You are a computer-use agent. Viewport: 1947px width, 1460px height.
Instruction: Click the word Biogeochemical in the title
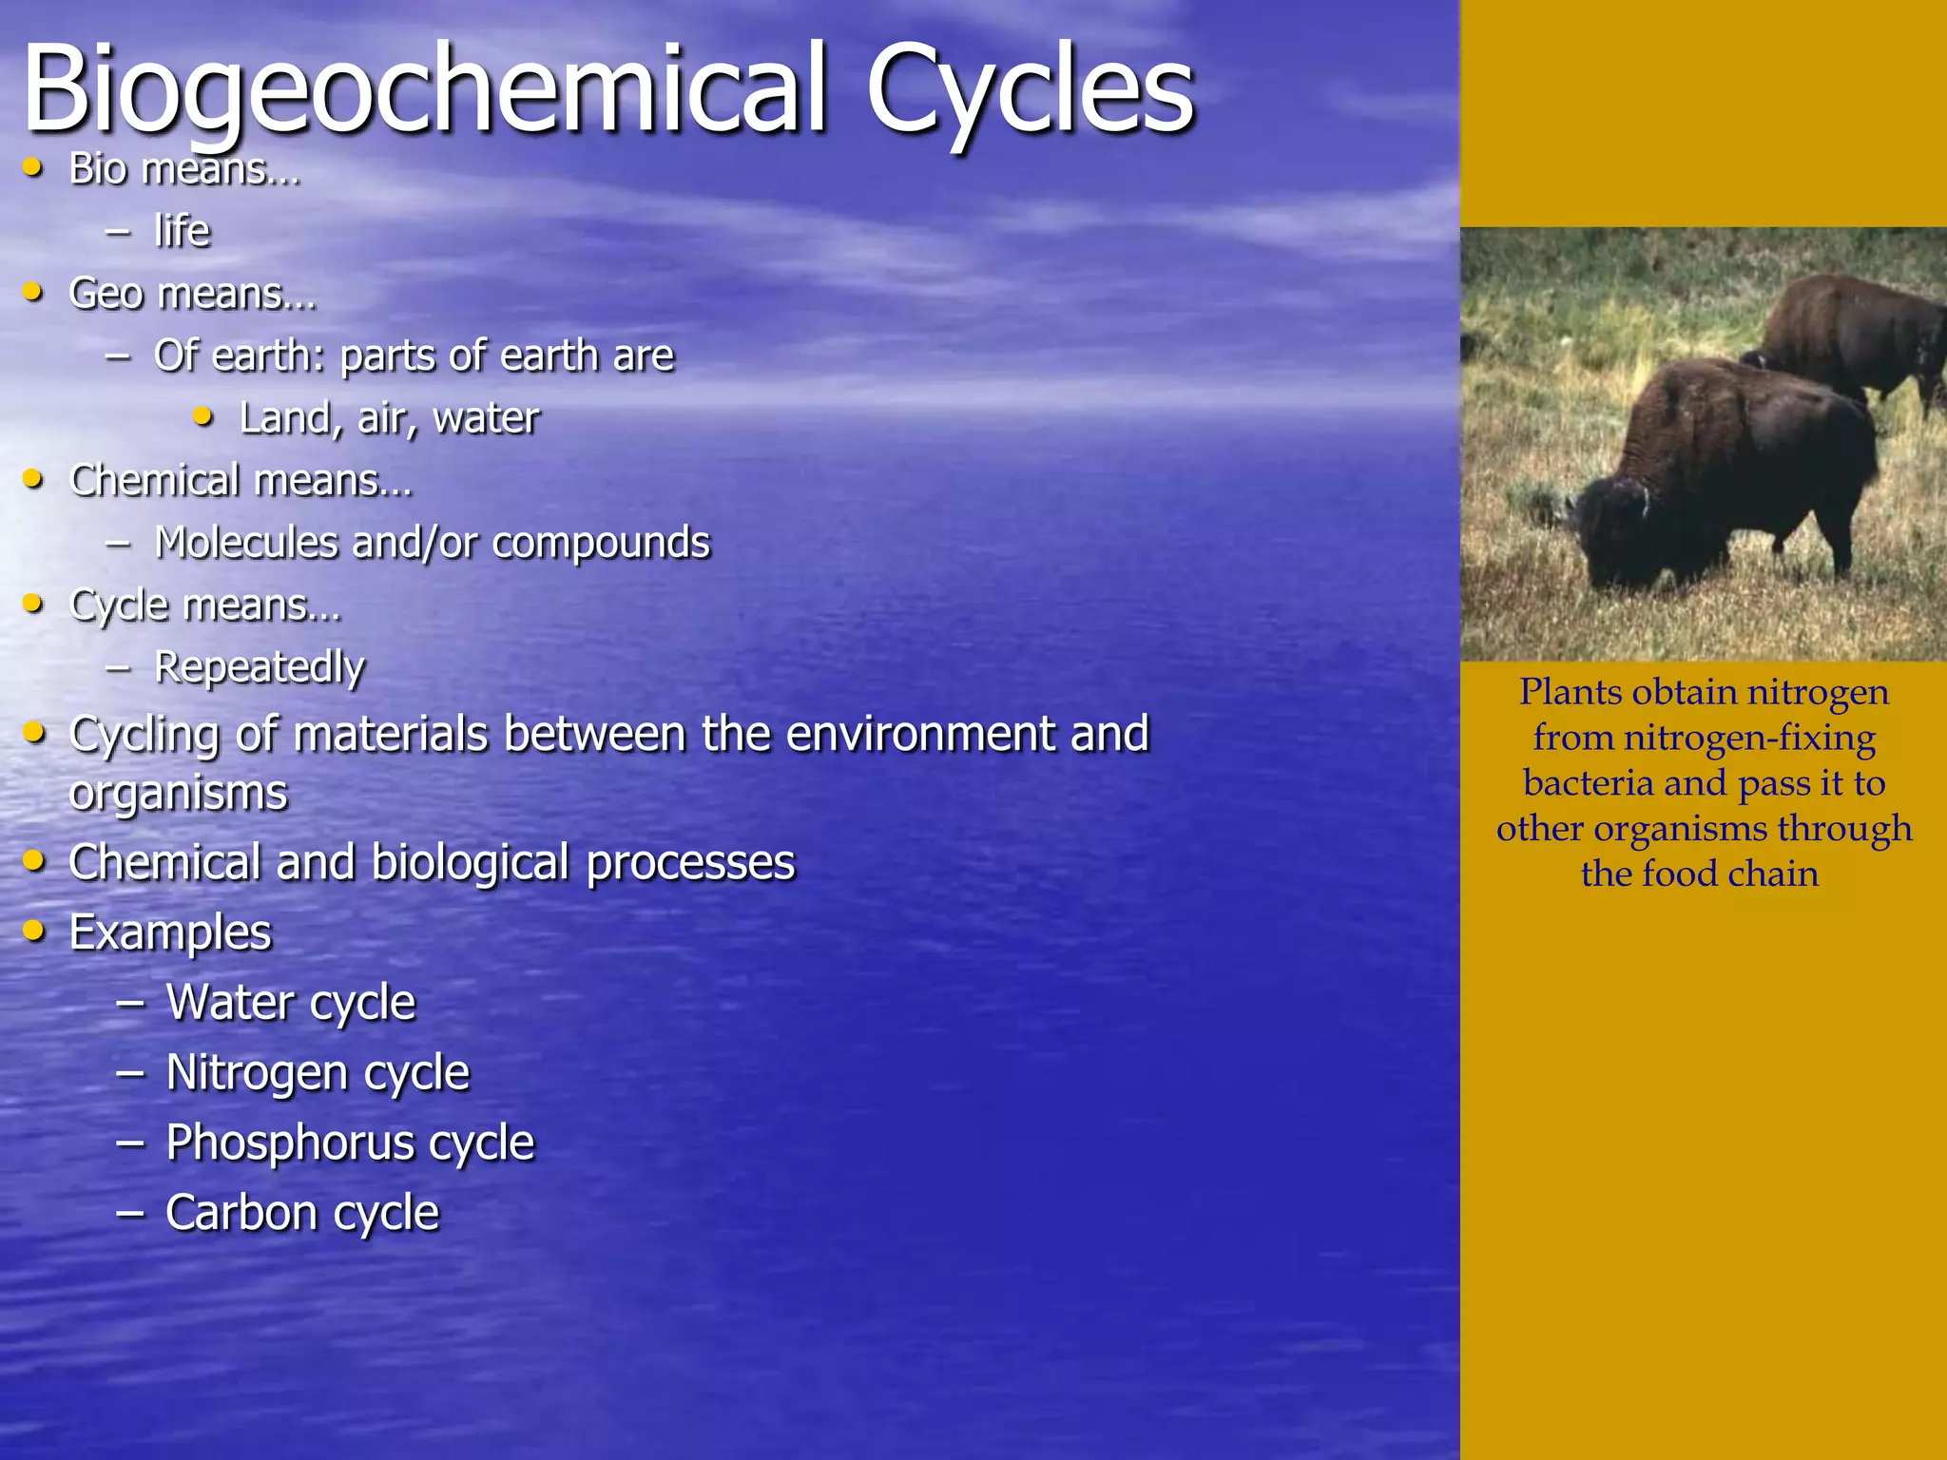click(x=424, y=90)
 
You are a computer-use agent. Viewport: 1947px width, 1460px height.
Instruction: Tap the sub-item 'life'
click(x=182, y=231)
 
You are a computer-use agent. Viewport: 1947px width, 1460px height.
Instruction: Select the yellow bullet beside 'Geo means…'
click(x=33, y=292)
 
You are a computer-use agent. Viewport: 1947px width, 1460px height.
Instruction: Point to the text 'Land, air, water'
click(x=389, y=418)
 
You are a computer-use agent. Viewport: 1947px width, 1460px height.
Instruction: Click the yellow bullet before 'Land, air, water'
click(x=202, y=416)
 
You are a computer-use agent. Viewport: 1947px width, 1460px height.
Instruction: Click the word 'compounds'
click(x=601, y=543)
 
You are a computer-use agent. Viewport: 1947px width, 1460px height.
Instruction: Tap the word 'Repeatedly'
click(x=260, y=667)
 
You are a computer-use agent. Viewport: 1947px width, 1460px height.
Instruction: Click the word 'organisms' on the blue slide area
click(x=178, y=793)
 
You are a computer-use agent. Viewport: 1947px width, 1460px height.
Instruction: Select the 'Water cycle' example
click(x=291, y=1003)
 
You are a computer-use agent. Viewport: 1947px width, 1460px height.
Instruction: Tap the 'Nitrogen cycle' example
click(x=318, y=1073)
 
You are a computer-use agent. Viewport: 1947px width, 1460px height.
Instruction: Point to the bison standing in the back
click(x=1854, y=333)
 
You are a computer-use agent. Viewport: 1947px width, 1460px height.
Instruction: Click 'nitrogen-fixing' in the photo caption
click(x=1749, y=738)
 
